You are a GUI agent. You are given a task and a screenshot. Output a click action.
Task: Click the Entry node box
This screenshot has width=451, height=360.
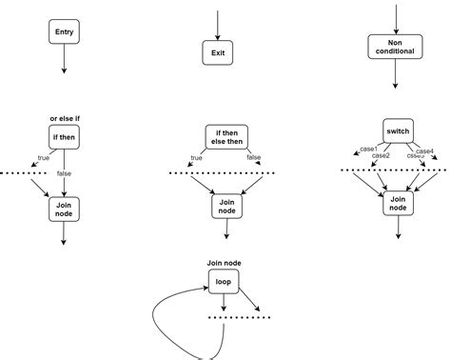click(64, 31)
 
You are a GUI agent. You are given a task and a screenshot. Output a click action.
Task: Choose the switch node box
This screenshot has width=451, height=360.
click(397, 130)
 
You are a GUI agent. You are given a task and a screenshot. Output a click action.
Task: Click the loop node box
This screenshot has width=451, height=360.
click(224, 281)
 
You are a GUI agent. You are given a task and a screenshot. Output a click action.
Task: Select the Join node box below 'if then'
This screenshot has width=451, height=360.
click(64, 209)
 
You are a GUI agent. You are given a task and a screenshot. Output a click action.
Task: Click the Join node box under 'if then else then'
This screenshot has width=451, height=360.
click(225, 204)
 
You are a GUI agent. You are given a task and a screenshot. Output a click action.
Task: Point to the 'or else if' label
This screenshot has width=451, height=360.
click(65, 118)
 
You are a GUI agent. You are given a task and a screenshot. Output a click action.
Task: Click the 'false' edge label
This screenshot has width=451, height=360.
click(64, 173)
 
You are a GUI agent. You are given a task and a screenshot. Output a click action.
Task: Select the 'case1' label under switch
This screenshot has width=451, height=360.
click(368, 149)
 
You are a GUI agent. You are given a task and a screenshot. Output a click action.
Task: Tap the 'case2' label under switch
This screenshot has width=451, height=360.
click(381, 155)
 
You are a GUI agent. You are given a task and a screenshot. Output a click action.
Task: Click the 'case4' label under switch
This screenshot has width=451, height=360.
click(425, 150)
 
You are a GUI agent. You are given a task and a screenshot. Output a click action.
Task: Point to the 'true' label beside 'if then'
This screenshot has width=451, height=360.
click(43, 158)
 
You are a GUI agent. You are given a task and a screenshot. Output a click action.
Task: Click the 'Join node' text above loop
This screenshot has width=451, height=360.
click(224, 262)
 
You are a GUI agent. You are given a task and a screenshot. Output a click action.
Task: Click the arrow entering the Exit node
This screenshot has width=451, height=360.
click(218, 24)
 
